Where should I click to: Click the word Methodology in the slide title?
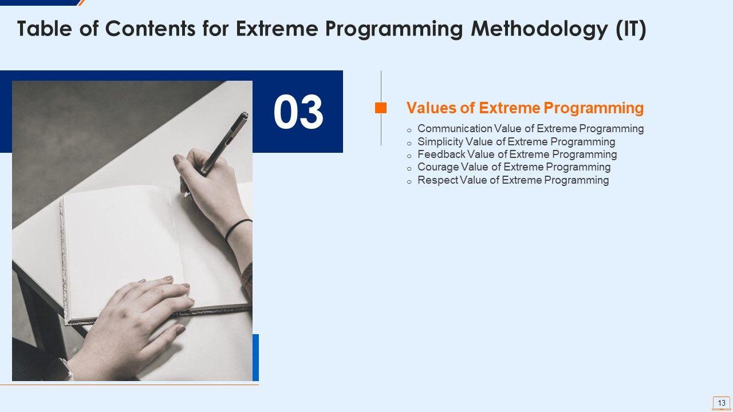[x=539, y=29]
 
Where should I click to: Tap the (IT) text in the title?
[x=631, y=29]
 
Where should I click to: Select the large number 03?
[x=298, y=112]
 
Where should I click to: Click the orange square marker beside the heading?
[x=381, y=108]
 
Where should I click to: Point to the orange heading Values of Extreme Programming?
[x=525, y=108]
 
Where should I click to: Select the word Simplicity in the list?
[x=440, y=142]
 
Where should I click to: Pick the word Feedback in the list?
[x=442, y=154]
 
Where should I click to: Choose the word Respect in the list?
[x=438, y=180]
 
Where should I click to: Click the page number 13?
[x=722, y=402]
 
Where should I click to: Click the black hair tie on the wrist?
[x=238, y=230]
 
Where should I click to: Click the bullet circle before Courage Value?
[x=409, y=169]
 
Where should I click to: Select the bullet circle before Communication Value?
[x=409, y=130]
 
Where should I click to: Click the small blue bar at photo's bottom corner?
[x=255, y=358]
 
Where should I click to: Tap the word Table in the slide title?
[x=44, y=29]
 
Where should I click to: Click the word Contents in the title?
[x=150, y=29]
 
